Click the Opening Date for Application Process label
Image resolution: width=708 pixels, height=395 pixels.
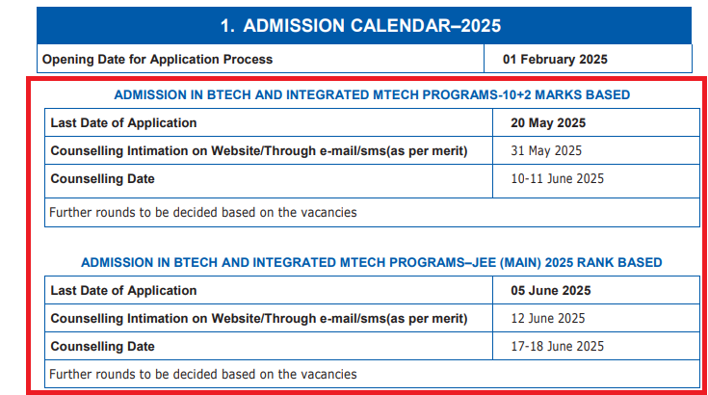pos(157,60)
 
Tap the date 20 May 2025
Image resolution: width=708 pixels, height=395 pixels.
pos(548,123)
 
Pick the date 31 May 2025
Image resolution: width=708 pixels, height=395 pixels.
pos(546,151)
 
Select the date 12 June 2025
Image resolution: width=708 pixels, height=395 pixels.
pos(548,318)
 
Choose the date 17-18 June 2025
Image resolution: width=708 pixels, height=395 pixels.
pos(557,346)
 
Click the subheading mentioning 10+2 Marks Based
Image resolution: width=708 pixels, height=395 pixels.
pos(372,95)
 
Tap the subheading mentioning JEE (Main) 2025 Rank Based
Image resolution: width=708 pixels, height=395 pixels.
pos(372,262)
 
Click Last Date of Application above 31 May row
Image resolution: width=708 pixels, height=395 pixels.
pos(123,123)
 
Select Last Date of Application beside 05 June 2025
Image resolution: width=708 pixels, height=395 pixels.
pos(123,290)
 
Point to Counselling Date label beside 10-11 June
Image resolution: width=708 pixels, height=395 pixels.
pos(102,179)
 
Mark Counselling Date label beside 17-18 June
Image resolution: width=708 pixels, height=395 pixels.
pos(102,346)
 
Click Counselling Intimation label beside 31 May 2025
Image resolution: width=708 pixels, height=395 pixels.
pos(258,151)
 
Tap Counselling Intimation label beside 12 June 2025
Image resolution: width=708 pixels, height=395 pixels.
pos(258,318)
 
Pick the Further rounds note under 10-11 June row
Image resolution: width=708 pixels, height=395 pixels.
pos(202,212)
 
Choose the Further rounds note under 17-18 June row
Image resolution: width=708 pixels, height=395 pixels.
pos(202,374)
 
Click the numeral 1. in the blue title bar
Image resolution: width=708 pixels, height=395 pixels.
pos(228,26)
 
